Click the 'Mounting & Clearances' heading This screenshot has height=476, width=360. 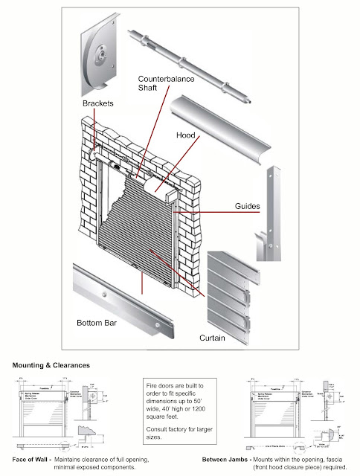coord(50,365)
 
